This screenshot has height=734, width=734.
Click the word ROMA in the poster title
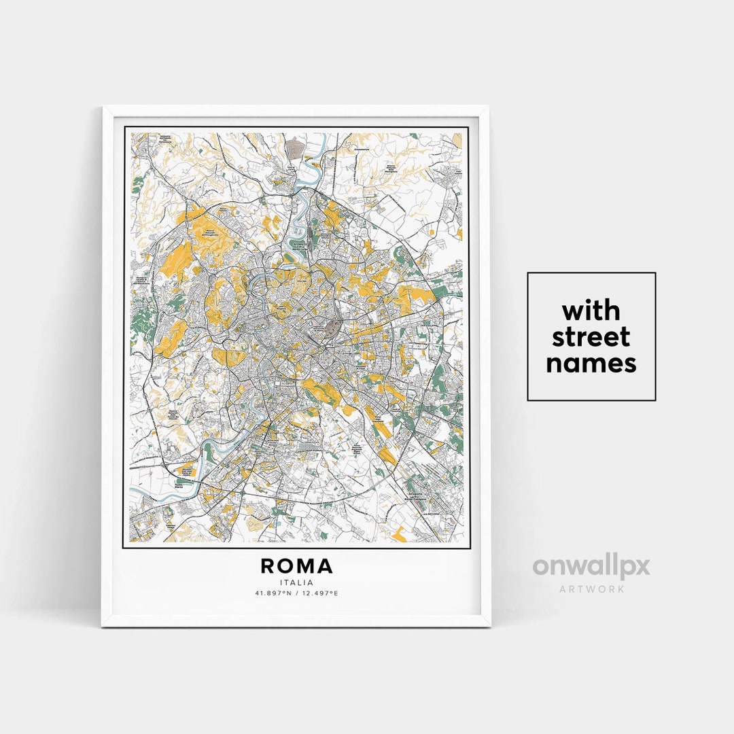[296, 566]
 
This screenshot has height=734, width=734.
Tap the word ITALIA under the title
[296, 582]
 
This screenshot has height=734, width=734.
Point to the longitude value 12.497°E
[319, 593]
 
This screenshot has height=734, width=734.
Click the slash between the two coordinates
[296, 593]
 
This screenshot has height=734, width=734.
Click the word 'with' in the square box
[591, 311]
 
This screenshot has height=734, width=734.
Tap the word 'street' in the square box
[591, 337]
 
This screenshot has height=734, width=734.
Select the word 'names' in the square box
[591, 364]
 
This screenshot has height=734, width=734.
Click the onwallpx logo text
[591, 567]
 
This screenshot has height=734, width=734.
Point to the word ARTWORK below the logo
[591, 589]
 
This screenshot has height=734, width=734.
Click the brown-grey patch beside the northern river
[296, 145]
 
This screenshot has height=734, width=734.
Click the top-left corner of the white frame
[103, 107]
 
